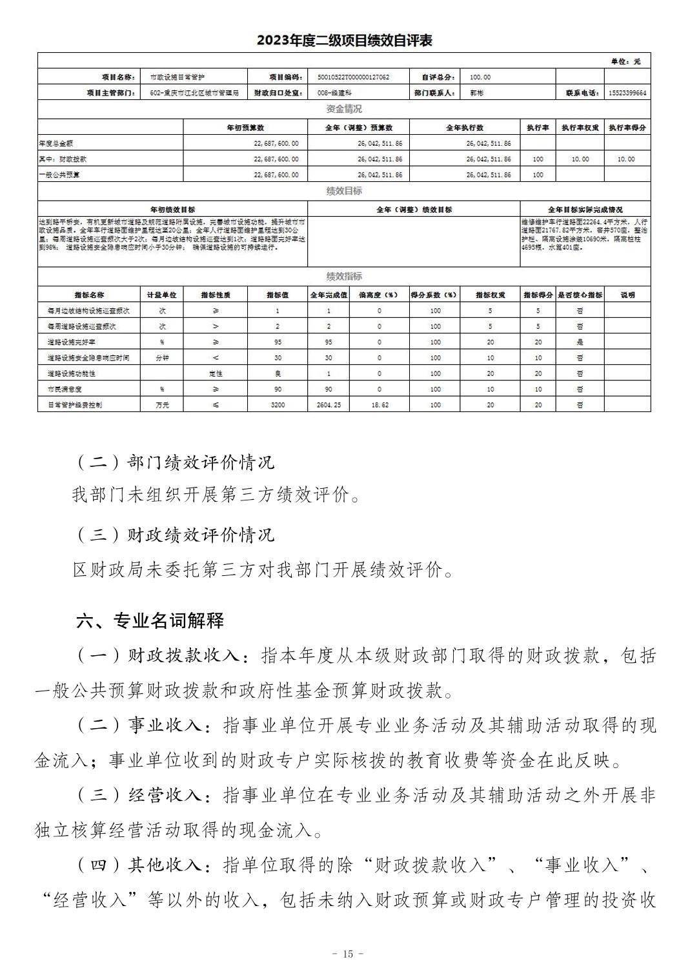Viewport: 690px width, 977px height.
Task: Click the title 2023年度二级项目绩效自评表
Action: coord(344,40)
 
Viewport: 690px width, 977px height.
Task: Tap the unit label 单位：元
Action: coord(626,61)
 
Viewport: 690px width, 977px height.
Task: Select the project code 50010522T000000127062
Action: coord(354,77)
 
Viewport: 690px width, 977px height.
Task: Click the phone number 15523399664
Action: coord(627,94)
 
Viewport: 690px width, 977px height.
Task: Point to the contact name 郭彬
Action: coord(476,94)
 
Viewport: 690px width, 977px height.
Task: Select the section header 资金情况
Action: coord(344,109)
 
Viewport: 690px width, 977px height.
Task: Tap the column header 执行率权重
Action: coord(580,128)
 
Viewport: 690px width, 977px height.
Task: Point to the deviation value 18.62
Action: coord(379,405)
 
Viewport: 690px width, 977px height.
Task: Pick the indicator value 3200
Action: coord(278,405)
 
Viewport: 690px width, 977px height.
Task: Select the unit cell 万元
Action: coord(162,405)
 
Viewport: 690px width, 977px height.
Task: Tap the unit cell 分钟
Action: coord(162,358)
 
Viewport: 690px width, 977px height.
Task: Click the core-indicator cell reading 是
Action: coord(580,342)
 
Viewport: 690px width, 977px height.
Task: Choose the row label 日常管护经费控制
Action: coord(74,405)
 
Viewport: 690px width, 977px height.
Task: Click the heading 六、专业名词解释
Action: coord(150,620)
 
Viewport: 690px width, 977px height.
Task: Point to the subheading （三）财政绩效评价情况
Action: coord(174,535)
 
